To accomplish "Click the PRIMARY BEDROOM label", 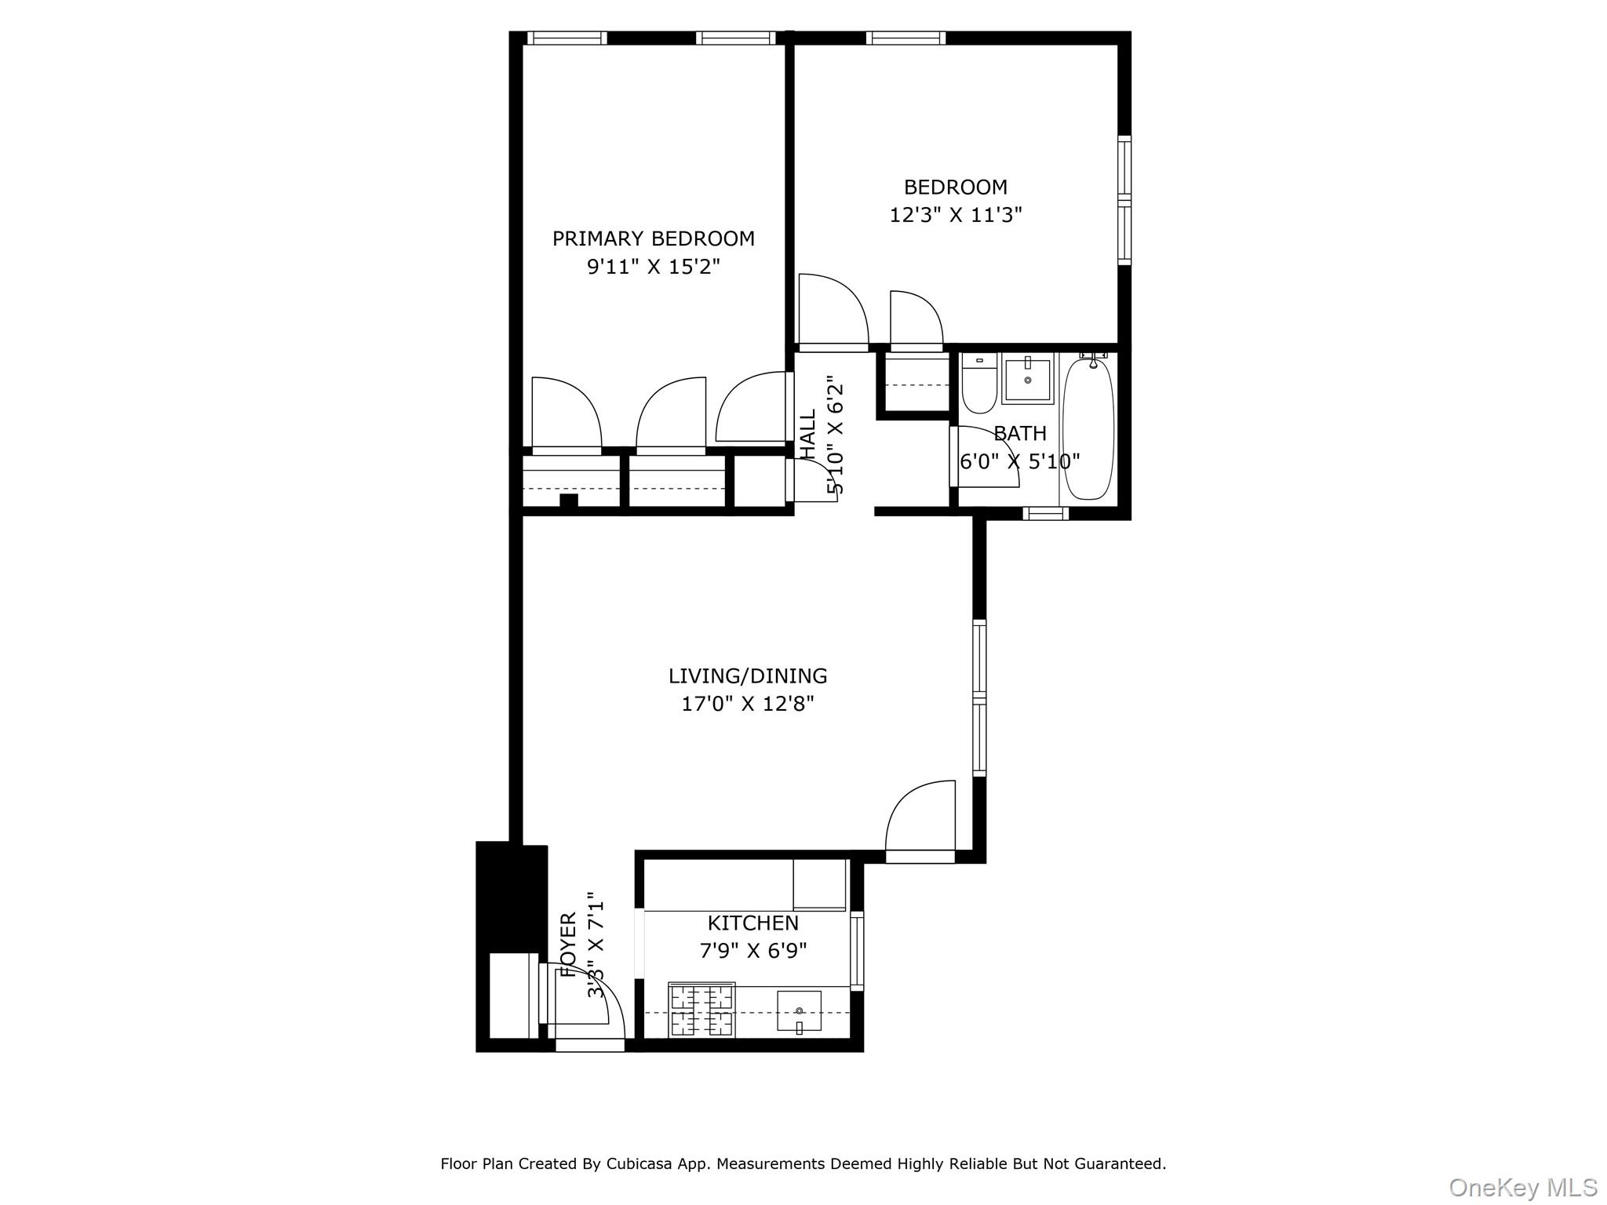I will (653, 238).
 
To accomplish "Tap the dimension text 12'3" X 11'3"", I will (955, 215).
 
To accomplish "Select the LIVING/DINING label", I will (747, 675).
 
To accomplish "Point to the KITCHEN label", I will (752, 923).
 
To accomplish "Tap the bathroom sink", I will (1027, 380).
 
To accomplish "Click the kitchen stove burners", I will (701, 1010).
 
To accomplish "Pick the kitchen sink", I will (799, 1010).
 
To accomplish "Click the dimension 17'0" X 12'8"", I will (747, 704).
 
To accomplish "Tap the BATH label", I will (1019, 433).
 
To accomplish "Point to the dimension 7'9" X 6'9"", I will (752, 951).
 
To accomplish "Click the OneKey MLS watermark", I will (1522, 1186).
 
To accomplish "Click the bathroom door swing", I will (985, 455).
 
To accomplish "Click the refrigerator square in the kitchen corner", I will (819, 884).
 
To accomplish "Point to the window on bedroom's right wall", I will (1124, 200).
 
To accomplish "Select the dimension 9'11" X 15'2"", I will (653, 267).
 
